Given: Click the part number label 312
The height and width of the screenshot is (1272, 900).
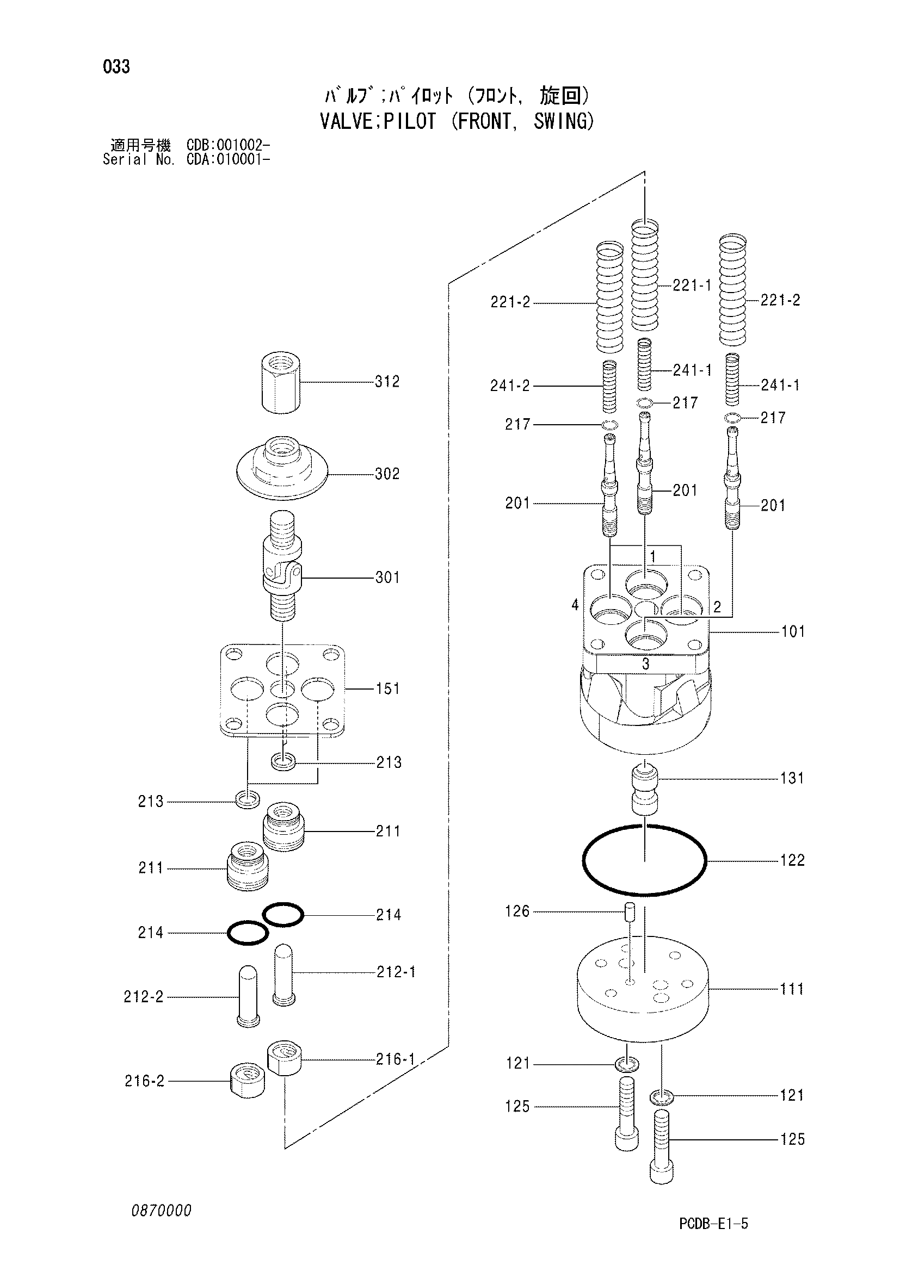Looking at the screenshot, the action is pos(387,382).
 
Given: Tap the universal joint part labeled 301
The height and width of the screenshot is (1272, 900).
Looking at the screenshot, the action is pos(282,566).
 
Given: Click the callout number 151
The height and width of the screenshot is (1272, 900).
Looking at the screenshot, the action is pos(387,688).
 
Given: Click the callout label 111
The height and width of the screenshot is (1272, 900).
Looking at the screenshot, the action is pos(791,989).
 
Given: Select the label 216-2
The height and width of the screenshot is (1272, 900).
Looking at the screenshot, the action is pos(145,1081).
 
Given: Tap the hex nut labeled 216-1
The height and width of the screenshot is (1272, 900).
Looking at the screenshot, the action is pos(284,1058).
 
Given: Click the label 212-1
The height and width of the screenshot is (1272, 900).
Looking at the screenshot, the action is pos(396,972).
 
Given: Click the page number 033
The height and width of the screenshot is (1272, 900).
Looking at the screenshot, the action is pos(116,67).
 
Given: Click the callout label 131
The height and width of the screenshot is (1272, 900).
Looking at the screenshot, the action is pos(791,778).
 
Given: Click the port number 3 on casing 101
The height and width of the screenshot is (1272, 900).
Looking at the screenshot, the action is pos(646,663).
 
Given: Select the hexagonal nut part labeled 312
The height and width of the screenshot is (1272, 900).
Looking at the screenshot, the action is pos(281,382).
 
